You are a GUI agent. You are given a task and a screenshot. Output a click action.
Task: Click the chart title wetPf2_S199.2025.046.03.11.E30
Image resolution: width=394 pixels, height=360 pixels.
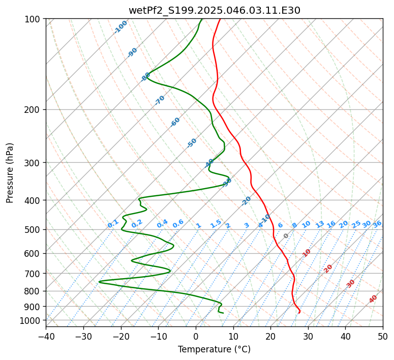pyautogui.click(x=214, y=10)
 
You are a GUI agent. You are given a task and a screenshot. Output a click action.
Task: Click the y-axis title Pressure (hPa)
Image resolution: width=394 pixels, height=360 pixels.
pyautogui.click(x=10, y=173)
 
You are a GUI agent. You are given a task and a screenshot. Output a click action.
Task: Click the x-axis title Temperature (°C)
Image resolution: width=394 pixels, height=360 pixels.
pyautogui.click(x=214, y=349)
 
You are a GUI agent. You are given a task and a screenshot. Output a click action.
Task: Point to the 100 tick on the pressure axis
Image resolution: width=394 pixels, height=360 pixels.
pyautogui.click(x=33, y=19)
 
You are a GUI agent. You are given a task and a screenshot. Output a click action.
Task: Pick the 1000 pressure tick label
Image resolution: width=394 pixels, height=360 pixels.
pyautogui.click(x=31, y=320)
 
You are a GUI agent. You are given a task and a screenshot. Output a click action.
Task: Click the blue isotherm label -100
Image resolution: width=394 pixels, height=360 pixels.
pyautogui.click(x=121, y=27)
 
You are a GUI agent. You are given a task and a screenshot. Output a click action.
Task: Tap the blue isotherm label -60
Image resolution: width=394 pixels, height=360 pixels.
pyautogui.click(x=175, y=122)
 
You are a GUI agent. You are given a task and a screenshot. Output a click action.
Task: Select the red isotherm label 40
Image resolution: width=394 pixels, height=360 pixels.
pyautogui.click(x=373, y=299)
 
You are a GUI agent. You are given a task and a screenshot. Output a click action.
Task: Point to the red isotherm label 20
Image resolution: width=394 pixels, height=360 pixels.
pyautogui.click(x=328, y=268)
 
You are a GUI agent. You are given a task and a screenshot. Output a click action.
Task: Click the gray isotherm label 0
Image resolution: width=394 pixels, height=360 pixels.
pyautogui.click(x=286, y=236)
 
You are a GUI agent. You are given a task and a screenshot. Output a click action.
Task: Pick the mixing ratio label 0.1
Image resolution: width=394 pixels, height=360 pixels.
pyautogui.click(x=113, y=224)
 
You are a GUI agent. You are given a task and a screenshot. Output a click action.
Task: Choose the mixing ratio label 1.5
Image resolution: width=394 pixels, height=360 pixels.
pyautogui.click(x=216, y=224)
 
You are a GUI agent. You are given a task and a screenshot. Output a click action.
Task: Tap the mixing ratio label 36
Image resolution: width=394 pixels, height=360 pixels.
pyautogui.click(x=377, y=224)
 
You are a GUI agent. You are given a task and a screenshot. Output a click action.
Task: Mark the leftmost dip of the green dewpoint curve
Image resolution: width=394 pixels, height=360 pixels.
pyautogui.click(x=85, y=282)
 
